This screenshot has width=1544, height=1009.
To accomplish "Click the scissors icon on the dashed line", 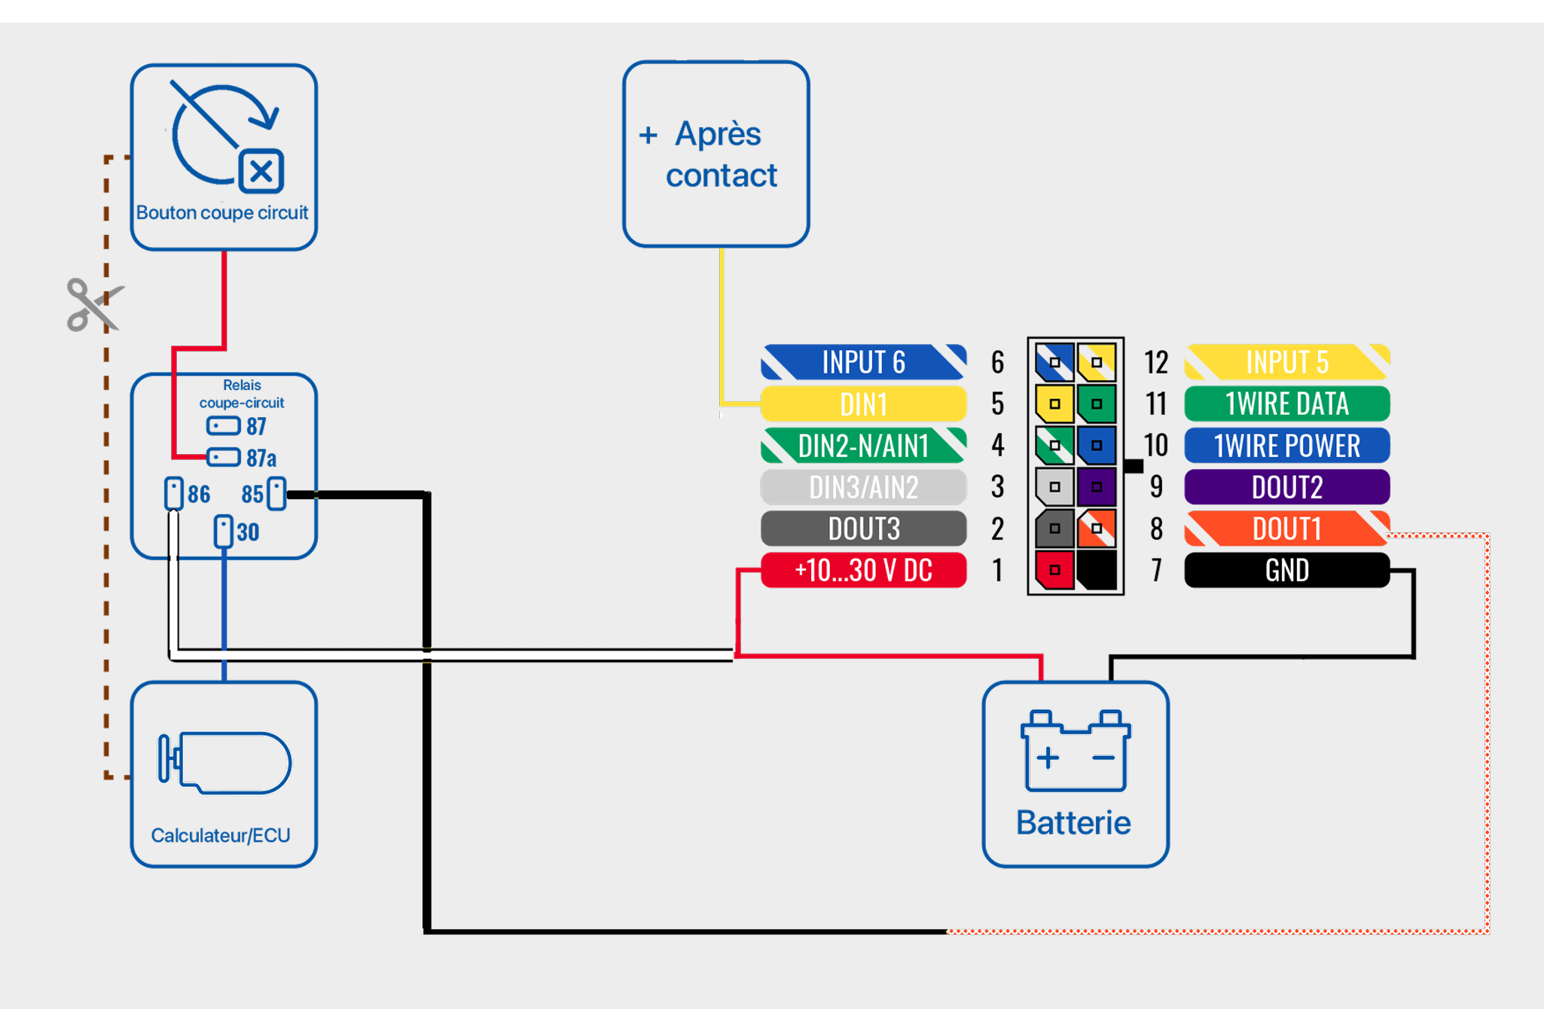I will (x=93, y=305).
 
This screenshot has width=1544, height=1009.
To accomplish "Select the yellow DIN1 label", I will (x=863, y=404).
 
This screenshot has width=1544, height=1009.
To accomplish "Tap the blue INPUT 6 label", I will (x=863, y=362).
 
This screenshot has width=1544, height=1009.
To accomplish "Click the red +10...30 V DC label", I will (x=863, y=570).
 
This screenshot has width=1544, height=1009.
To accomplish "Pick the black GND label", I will (x=1286, y=570).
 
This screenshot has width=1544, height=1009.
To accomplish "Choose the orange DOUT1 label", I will (x=1286, y=529).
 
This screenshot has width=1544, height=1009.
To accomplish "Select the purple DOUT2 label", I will (x=1286, y=487).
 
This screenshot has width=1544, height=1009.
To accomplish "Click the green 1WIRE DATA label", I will (x=1286, y=404).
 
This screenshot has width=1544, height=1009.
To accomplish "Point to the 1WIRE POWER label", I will (x=1286, y=446).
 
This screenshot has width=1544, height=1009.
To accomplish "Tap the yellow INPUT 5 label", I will (x=1286, y=362).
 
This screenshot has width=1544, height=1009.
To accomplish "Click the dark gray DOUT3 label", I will (x=863, y=529).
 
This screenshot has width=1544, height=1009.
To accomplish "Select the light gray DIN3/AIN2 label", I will (x=863, y=487).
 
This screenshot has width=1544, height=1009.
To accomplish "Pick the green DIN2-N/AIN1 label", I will (x=863, y=446).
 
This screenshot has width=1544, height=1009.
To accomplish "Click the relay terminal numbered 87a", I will (x=224, y=457).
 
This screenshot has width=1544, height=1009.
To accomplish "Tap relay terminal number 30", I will (x=224, y=532).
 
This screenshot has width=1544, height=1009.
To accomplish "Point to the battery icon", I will (x=1075, y=751).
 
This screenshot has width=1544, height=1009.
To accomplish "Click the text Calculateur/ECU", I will (x=221, y=835).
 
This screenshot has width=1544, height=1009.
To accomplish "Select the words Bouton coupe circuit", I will (x=222, y=213).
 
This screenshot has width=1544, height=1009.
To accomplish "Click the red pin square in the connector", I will (x=1054, y=570).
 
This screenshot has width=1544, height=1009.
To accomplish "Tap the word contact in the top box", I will (x=721, y=175).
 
